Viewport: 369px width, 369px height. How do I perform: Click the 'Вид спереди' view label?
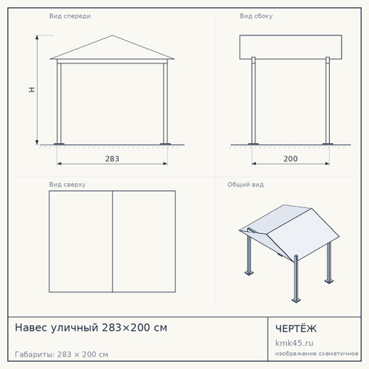pyautogui.click(x=70, y=16)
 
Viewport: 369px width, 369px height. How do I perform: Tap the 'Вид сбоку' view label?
pyautogui.click(x=256, y=16)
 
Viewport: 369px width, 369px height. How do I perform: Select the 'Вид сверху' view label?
pyautogui.click(x=67, y=184)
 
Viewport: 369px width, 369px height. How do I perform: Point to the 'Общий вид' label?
pyautogui.click(x=246, y=184)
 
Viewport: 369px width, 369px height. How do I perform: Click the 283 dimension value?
pyautogui.click(x=112, y=159)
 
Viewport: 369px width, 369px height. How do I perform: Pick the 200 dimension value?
pyautogui.click(x=291, y=159)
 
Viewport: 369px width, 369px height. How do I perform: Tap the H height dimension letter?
pyautogui.click(x=32, y=90)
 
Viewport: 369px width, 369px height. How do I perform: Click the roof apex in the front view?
pyautogui.click(x=112, y=35)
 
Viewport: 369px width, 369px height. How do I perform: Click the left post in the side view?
pyautogui.click(x=253, y=101)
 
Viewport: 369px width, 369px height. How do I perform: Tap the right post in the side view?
pyautogui.click(x=328, y=101)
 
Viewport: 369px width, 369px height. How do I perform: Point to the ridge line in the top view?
pyautogui.click(x=112, y=241)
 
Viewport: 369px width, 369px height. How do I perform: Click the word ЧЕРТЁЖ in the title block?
pyautogui.click(x=296, y=328)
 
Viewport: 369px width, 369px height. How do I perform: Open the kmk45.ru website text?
pyautogui.click(x=294, y=343)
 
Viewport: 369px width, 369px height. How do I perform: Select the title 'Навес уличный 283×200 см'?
pyautogui.click(x=91, y=328)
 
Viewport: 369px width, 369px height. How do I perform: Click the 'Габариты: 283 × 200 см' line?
pyautogui.click(x=61, y=354)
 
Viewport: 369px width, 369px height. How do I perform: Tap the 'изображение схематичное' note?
pyautogui.click(x=317, y=354)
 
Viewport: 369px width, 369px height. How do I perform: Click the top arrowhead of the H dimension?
pyautogui.click(x=37, y=38)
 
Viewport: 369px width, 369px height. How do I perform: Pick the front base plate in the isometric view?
pyautogui.click(x=296, y=300)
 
